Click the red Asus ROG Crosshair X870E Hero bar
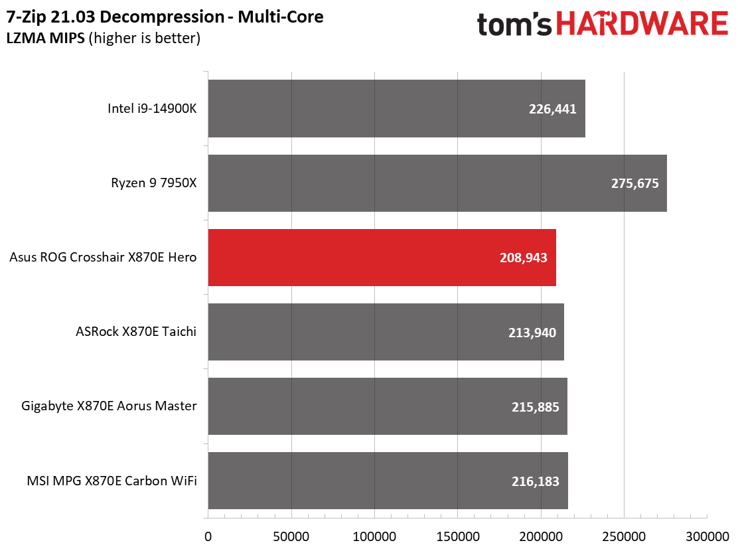[382, 258]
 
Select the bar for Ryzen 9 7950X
[437, 183]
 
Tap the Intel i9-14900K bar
[396, 109]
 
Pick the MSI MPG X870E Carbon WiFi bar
[388, 481]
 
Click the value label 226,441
[552, 110]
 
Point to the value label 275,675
[634, 184]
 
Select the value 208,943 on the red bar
[523, 258]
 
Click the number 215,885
[535, 407]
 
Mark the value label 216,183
[535, 481]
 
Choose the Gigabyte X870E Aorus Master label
[109, 406]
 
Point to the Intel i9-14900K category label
[152, 109]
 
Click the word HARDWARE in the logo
[642, 25]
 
